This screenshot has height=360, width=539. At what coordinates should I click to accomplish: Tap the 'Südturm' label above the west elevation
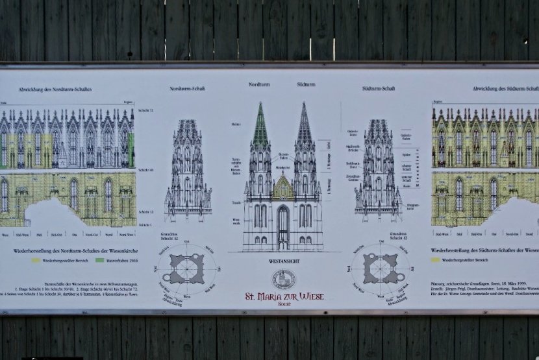306,84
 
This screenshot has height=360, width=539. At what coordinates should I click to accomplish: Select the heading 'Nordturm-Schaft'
187,88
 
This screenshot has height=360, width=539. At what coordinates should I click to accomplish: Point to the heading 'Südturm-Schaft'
379,88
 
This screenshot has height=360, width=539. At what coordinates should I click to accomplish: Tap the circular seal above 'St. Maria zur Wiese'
283,279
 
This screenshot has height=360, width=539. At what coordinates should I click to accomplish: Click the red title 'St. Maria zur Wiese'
283,297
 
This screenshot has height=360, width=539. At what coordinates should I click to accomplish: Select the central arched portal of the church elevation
283,227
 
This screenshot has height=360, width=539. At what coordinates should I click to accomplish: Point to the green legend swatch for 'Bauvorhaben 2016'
100,261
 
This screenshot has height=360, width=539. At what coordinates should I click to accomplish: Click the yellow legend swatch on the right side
436,261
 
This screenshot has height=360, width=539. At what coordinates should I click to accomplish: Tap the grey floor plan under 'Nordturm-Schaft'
187,268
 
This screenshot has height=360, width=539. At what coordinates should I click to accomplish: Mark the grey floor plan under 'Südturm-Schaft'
381,268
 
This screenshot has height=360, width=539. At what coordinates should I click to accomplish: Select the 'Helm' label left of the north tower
235,123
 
